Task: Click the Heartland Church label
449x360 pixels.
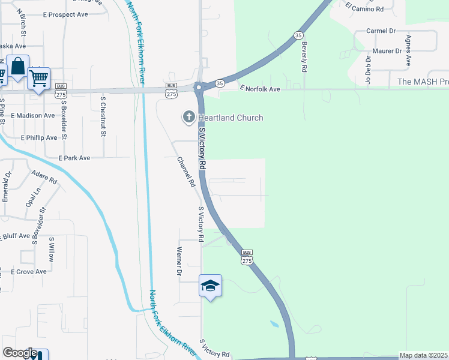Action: (231, 118)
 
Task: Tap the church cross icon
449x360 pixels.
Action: (188, 117)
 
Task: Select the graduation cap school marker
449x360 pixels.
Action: (210, 286)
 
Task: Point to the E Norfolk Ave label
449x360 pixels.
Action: (261, 89)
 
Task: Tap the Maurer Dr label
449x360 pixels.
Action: (387, 52)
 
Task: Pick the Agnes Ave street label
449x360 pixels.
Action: (408, 50)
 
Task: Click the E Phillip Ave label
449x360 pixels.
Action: (39, 137)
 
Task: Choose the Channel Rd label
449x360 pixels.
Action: (186, 172)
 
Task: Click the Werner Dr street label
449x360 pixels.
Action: (179, 262)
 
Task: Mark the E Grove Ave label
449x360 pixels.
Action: (29, 272)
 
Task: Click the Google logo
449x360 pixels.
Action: (20, 353)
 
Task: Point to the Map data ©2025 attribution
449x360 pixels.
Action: (423, 355)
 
